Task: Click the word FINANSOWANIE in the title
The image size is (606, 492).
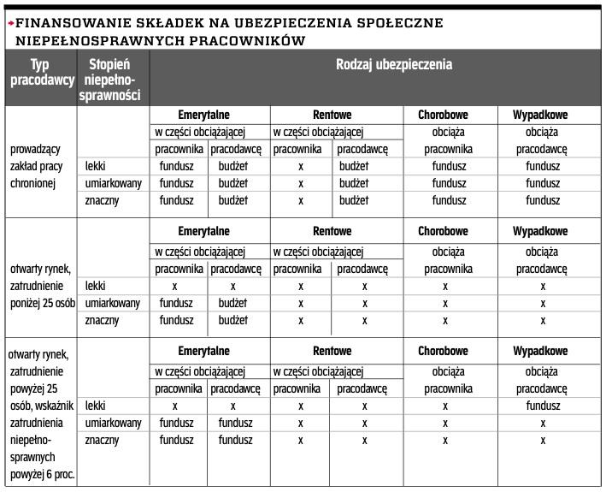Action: (65, 23)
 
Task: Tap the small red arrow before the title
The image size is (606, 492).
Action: (10, 23)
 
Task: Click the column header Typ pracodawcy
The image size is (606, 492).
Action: (40, 73)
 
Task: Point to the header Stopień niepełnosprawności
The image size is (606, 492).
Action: (109, 80)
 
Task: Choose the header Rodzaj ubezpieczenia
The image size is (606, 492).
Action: (394, 64)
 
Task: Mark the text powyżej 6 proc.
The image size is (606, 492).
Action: (42, 475)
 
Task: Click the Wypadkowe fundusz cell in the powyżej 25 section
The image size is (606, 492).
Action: (542, 406)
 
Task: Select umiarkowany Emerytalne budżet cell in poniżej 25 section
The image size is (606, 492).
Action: (232, 303)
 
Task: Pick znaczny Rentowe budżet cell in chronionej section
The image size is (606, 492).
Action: (353, 201)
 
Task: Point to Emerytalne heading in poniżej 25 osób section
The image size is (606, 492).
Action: (203, 232)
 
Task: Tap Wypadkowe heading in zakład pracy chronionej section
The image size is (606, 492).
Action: (540, 115)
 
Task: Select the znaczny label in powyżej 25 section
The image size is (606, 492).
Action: (102, 441)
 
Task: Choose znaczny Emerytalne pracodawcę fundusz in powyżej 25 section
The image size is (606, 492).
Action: (235, 441)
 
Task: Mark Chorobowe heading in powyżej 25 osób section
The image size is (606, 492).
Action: (443, 352)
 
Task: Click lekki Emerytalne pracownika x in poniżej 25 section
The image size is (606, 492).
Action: (175, 286)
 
